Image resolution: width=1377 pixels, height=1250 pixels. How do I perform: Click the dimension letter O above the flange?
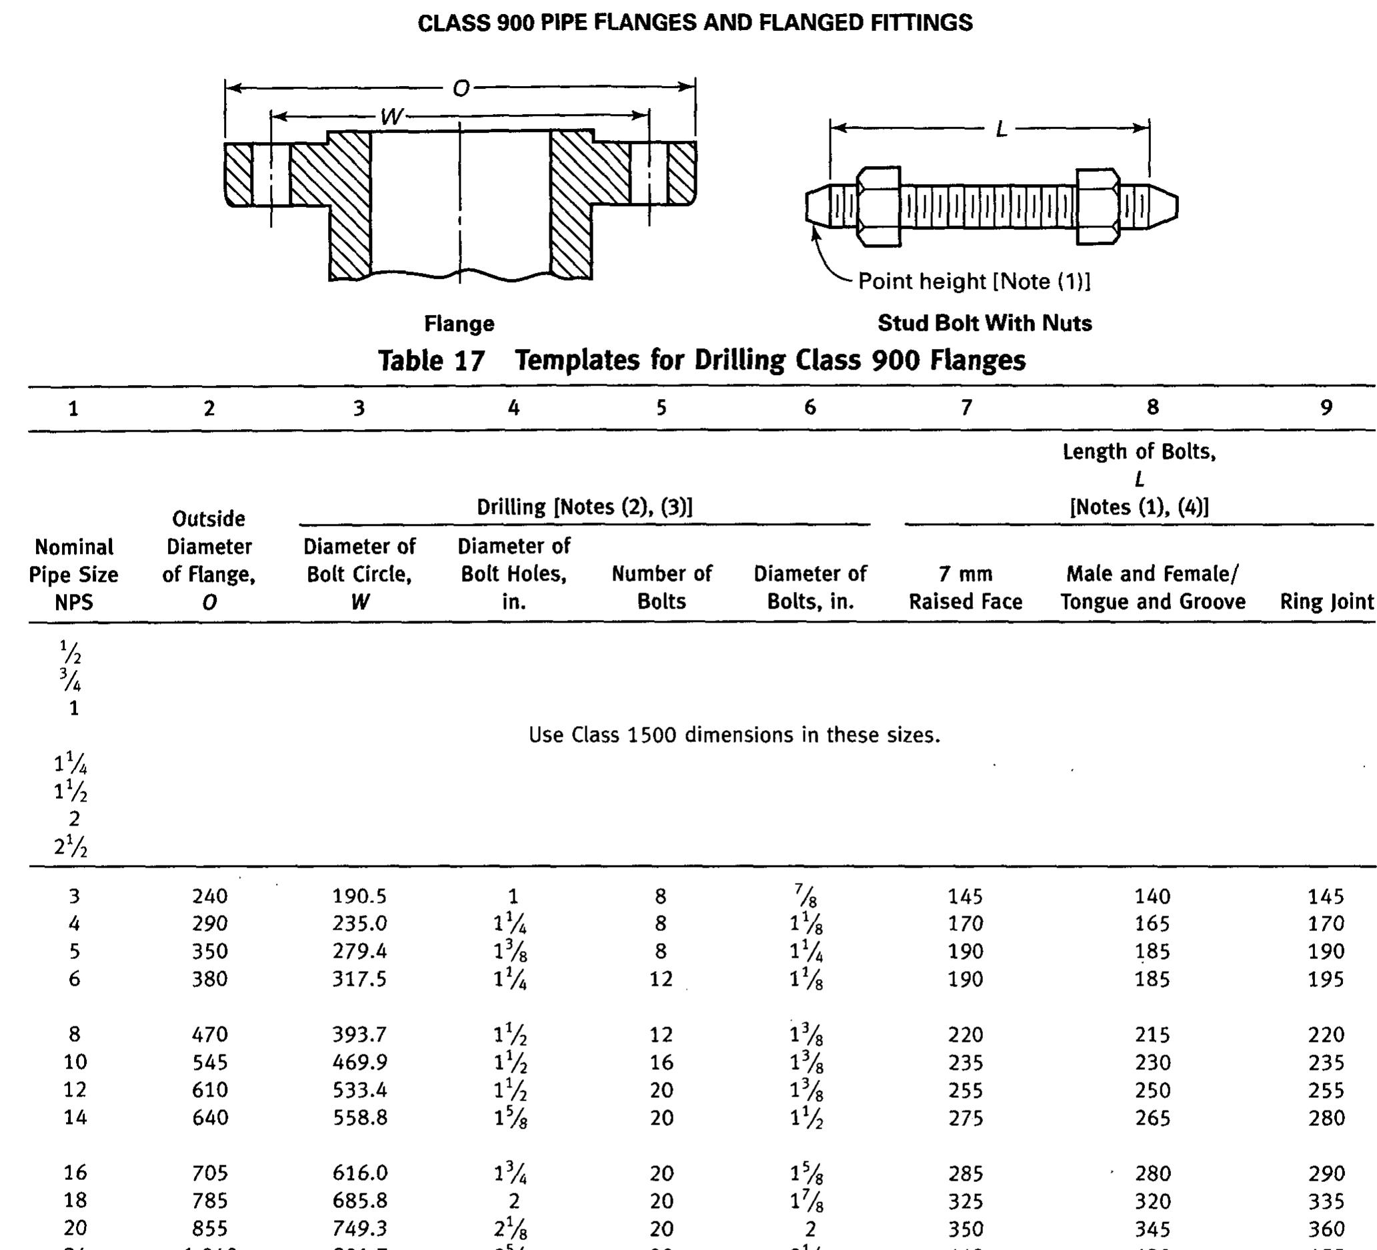point(461,88)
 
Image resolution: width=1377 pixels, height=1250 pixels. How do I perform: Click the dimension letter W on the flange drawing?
point(392,117)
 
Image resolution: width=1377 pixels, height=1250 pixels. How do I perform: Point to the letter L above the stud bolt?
point(1002,129)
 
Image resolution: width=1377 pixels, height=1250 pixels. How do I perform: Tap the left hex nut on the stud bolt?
point(878,206)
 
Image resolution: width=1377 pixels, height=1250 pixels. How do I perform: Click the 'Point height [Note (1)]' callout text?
point(974,281)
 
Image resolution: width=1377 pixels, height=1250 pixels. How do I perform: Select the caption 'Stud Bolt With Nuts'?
point(984,322)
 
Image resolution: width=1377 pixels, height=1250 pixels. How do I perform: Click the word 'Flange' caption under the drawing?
point(459,323)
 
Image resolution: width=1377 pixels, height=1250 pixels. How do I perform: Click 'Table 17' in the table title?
point(431,360)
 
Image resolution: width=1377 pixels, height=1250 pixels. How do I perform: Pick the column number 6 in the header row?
point(810,407)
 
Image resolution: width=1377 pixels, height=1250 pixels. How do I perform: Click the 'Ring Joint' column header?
point(1326,601)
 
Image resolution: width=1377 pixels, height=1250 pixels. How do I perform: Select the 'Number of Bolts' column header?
point(661,587)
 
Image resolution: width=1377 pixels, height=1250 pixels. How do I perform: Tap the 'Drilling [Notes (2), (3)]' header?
point(585,507)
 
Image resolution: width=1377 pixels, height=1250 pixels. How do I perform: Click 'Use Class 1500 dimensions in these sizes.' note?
point(734,735)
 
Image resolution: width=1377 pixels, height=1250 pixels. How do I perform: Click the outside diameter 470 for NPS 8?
point(209,1034)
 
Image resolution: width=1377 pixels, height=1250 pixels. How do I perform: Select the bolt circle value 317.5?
point(359,979)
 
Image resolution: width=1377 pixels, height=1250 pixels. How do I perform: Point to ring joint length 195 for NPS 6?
point(1326,979)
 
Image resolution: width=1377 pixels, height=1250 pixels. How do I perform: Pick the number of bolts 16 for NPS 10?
point(661,1062)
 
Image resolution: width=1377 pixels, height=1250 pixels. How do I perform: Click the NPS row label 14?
point(75,1118)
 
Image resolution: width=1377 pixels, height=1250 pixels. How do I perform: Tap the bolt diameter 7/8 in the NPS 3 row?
point(810,896)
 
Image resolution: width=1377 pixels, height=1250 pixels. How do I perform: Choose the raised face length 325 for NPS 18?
point(965,1201)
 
